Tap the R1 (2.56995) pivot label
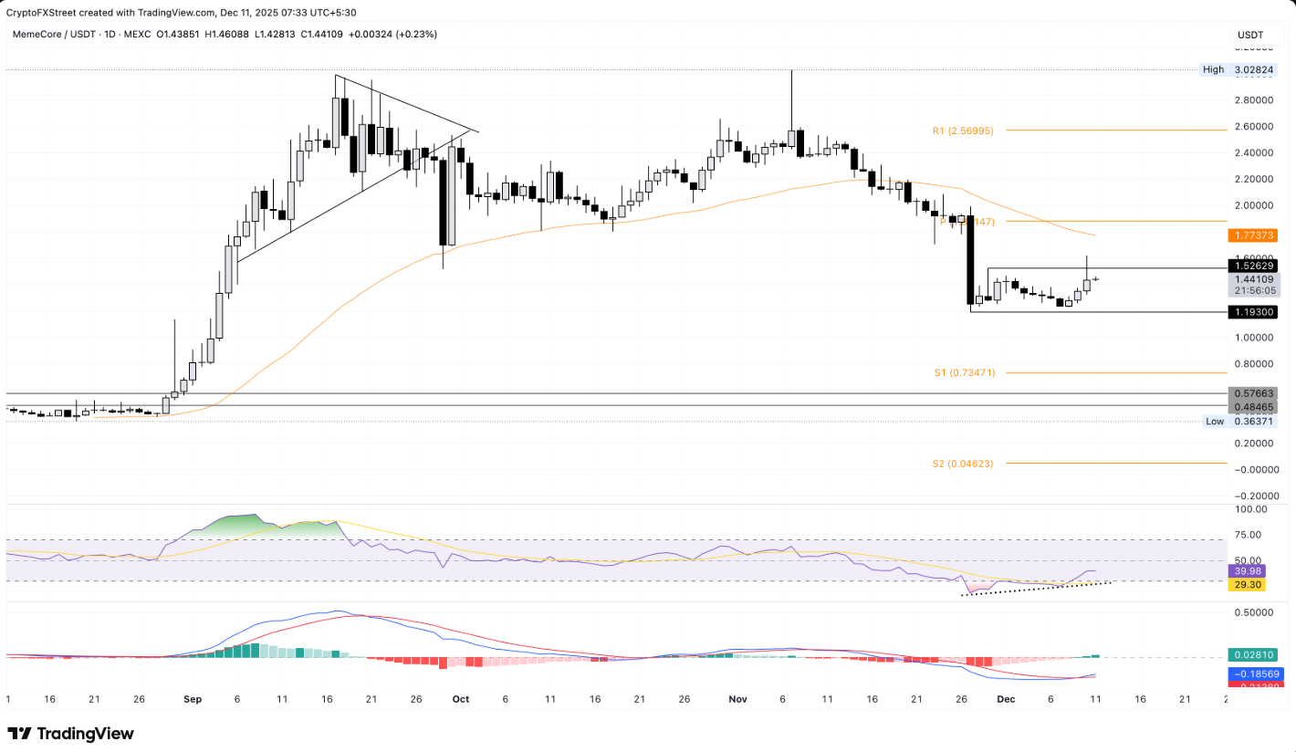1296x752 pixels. pos(963,131)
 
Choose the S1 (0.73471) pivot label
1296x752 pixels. pos(964,372)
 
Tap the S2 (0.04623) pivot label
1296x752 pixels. pos(963,464)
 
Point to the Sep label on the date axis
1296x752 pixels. pos(192,699)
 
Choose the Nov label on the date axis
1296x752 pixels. pos(737,699)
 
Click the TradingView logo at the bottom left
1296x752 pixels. pos(71,734)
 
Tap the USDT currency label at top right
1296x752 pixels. pos(1249,35)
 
